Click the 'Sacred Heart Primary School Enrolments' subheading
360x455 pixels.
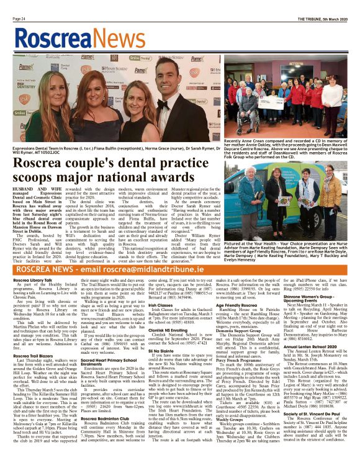point(117,361)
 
